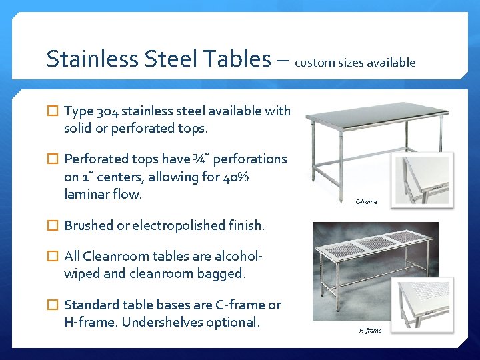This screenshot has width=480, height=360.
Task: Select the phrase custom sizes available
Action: (x=355, y=63)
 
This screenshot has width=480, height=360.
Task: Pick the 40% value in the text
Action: (x=234, y=177)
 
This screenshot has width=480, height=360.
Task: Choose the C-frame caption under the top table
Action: (x=366, y=202)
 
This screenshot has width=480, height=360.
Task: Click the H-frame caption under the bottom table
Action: (x=370, y=331)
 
